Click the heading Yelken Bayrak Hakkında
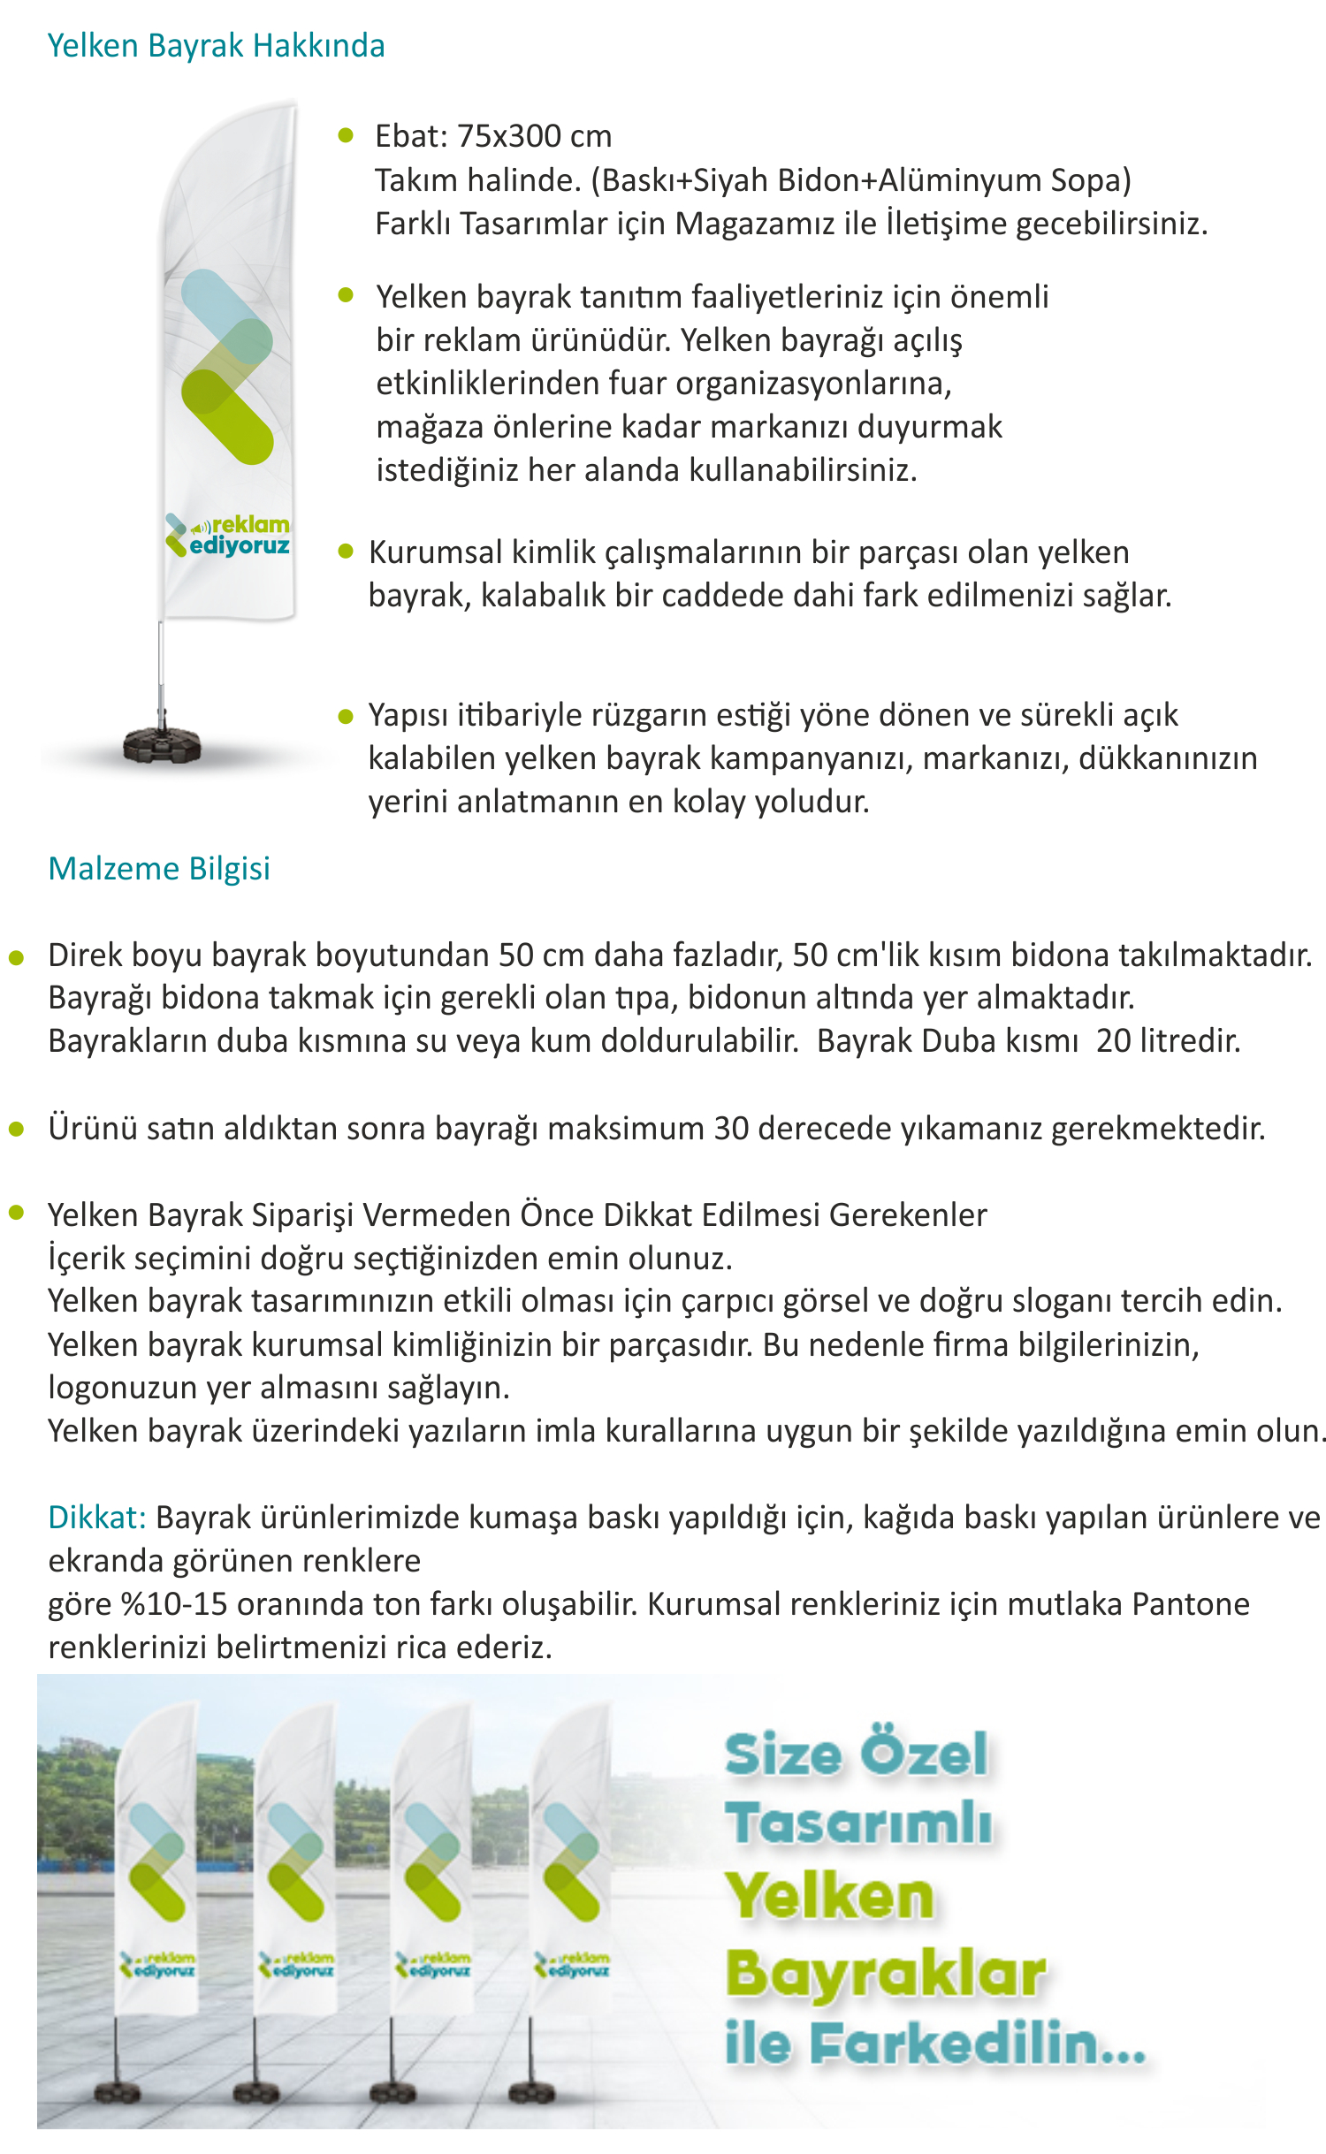click(x=216, y=46)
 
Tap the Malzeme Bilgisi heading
click(x=159, y=869)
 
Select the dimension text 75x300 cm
click(x=534, y=136)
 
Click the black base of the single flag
click(x=162, y=744)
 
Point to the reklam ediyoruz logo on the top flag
click(x=228, y=536)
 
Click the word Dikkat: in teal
click(x=96, y=1518)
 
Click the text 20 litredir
click(x=1168, y=1041)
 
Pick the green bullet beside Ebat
click(x=346, y=135)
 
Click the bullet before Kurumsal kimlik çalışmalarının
click(x=346, y=552)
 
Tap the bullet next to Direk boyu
click(x=16, y=957)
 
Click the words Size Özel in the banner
click(x=856, y=1754)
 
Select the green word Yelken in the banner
click(x=829, y=1897)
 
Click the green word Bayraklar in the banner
click(x=885, y=1973)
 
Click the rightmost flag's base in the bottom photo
click(x=532, y=2093)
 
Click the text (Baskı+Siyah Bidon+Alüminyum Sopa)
click(x=861, y=180)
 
